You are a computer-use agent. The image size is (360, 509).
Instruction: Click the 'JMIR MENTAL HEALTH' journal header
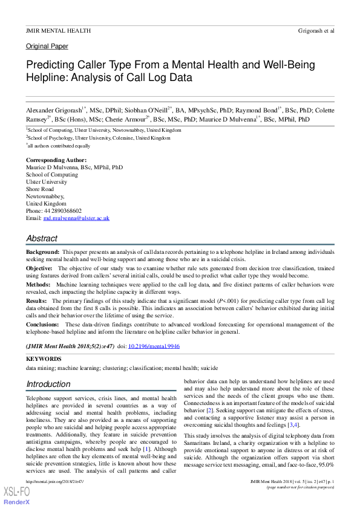pyautogui.click(x=58, y=30)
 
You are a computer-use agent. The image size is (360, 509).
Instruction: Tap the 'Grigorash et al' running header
pyautogui.click(x=316, y=30)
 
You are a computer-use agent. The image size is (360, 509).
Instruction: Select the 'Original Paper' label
pyautogui.click(x=47, y=47)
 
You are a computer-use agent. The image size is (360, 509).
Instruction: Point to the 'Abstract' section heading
pyautogui.click(x=42, y=238)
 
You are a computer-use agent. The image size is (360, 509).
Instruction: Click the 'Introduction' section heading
pyautogui.click(x=48, y=384)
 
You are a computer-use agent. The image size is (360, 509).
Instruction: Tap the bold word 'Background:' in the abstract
pyautogui.click(x=42, y=251)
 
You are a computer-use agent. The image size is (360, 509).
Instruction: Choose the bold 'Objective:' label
pyautogui.click(x=39, y=267)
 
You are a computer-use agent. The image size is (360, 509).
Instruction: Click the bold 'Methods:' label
pyautogui.click(x=38, y=284)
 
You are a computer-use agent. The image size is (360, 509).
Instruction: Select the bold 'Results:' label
pyautogui.click(x=37, y=300)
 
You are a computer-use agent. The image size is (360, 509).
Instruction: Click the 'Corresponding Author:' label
pyautogui.click(x=55, y=160)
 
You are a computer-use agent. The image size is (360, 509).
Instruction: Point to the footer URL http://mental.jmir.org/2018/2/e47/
pyautogui.click(x=54, y=481)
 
